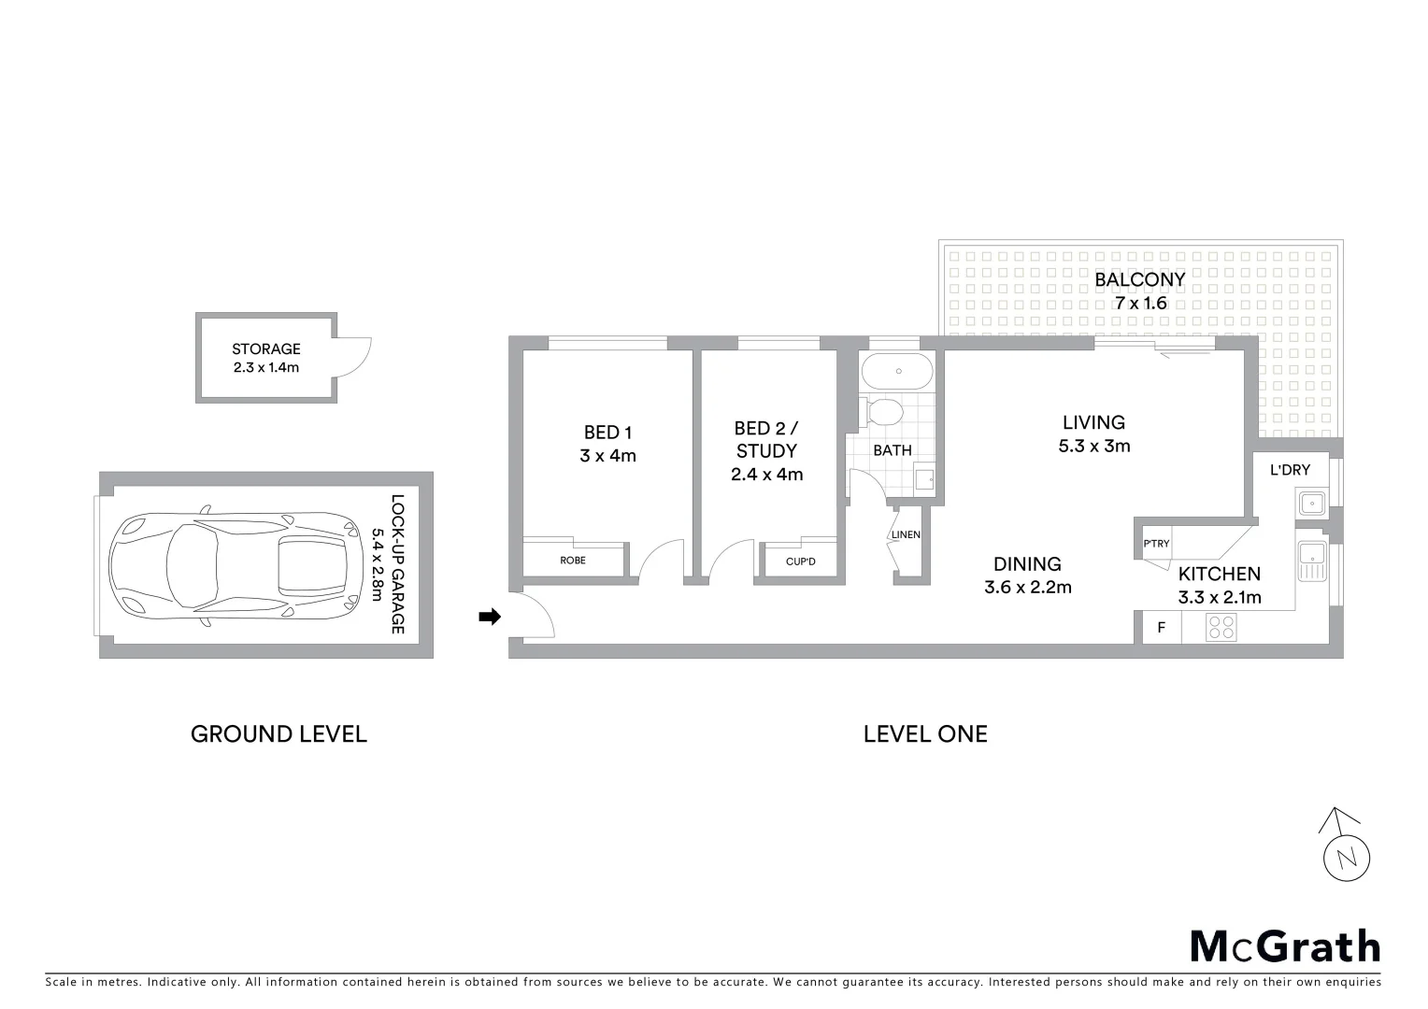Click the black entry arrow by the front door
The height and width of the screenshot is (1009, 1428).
489,617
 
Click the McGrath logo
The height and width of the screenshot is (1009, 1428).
1285,946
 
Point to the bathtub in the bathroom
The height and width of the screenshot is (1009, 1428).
897,372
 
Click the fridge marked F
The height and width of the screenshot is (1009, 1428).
1162,628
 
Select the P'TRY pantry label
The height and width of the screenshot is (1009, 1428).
1156,544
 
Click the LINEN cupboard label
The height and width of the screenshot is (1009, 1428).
906,535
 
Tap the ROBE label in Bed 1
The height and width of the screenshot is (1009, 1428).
573,561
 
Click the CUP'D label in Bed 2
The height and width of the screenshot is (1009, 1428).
800,561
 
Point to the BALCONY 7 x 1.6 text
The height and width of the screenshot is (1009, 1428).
1140,291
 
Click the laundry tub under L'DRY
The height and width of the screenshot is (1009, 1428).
1312,504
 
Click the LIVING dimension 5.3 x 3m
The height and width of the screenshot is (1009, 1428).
1093,447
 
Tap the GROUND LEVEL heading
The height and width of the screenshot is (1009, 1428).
278,734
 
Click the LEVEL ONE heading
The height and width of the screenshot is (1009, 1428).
925,734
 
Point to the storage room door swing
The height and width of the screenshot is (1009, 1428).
355,355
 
